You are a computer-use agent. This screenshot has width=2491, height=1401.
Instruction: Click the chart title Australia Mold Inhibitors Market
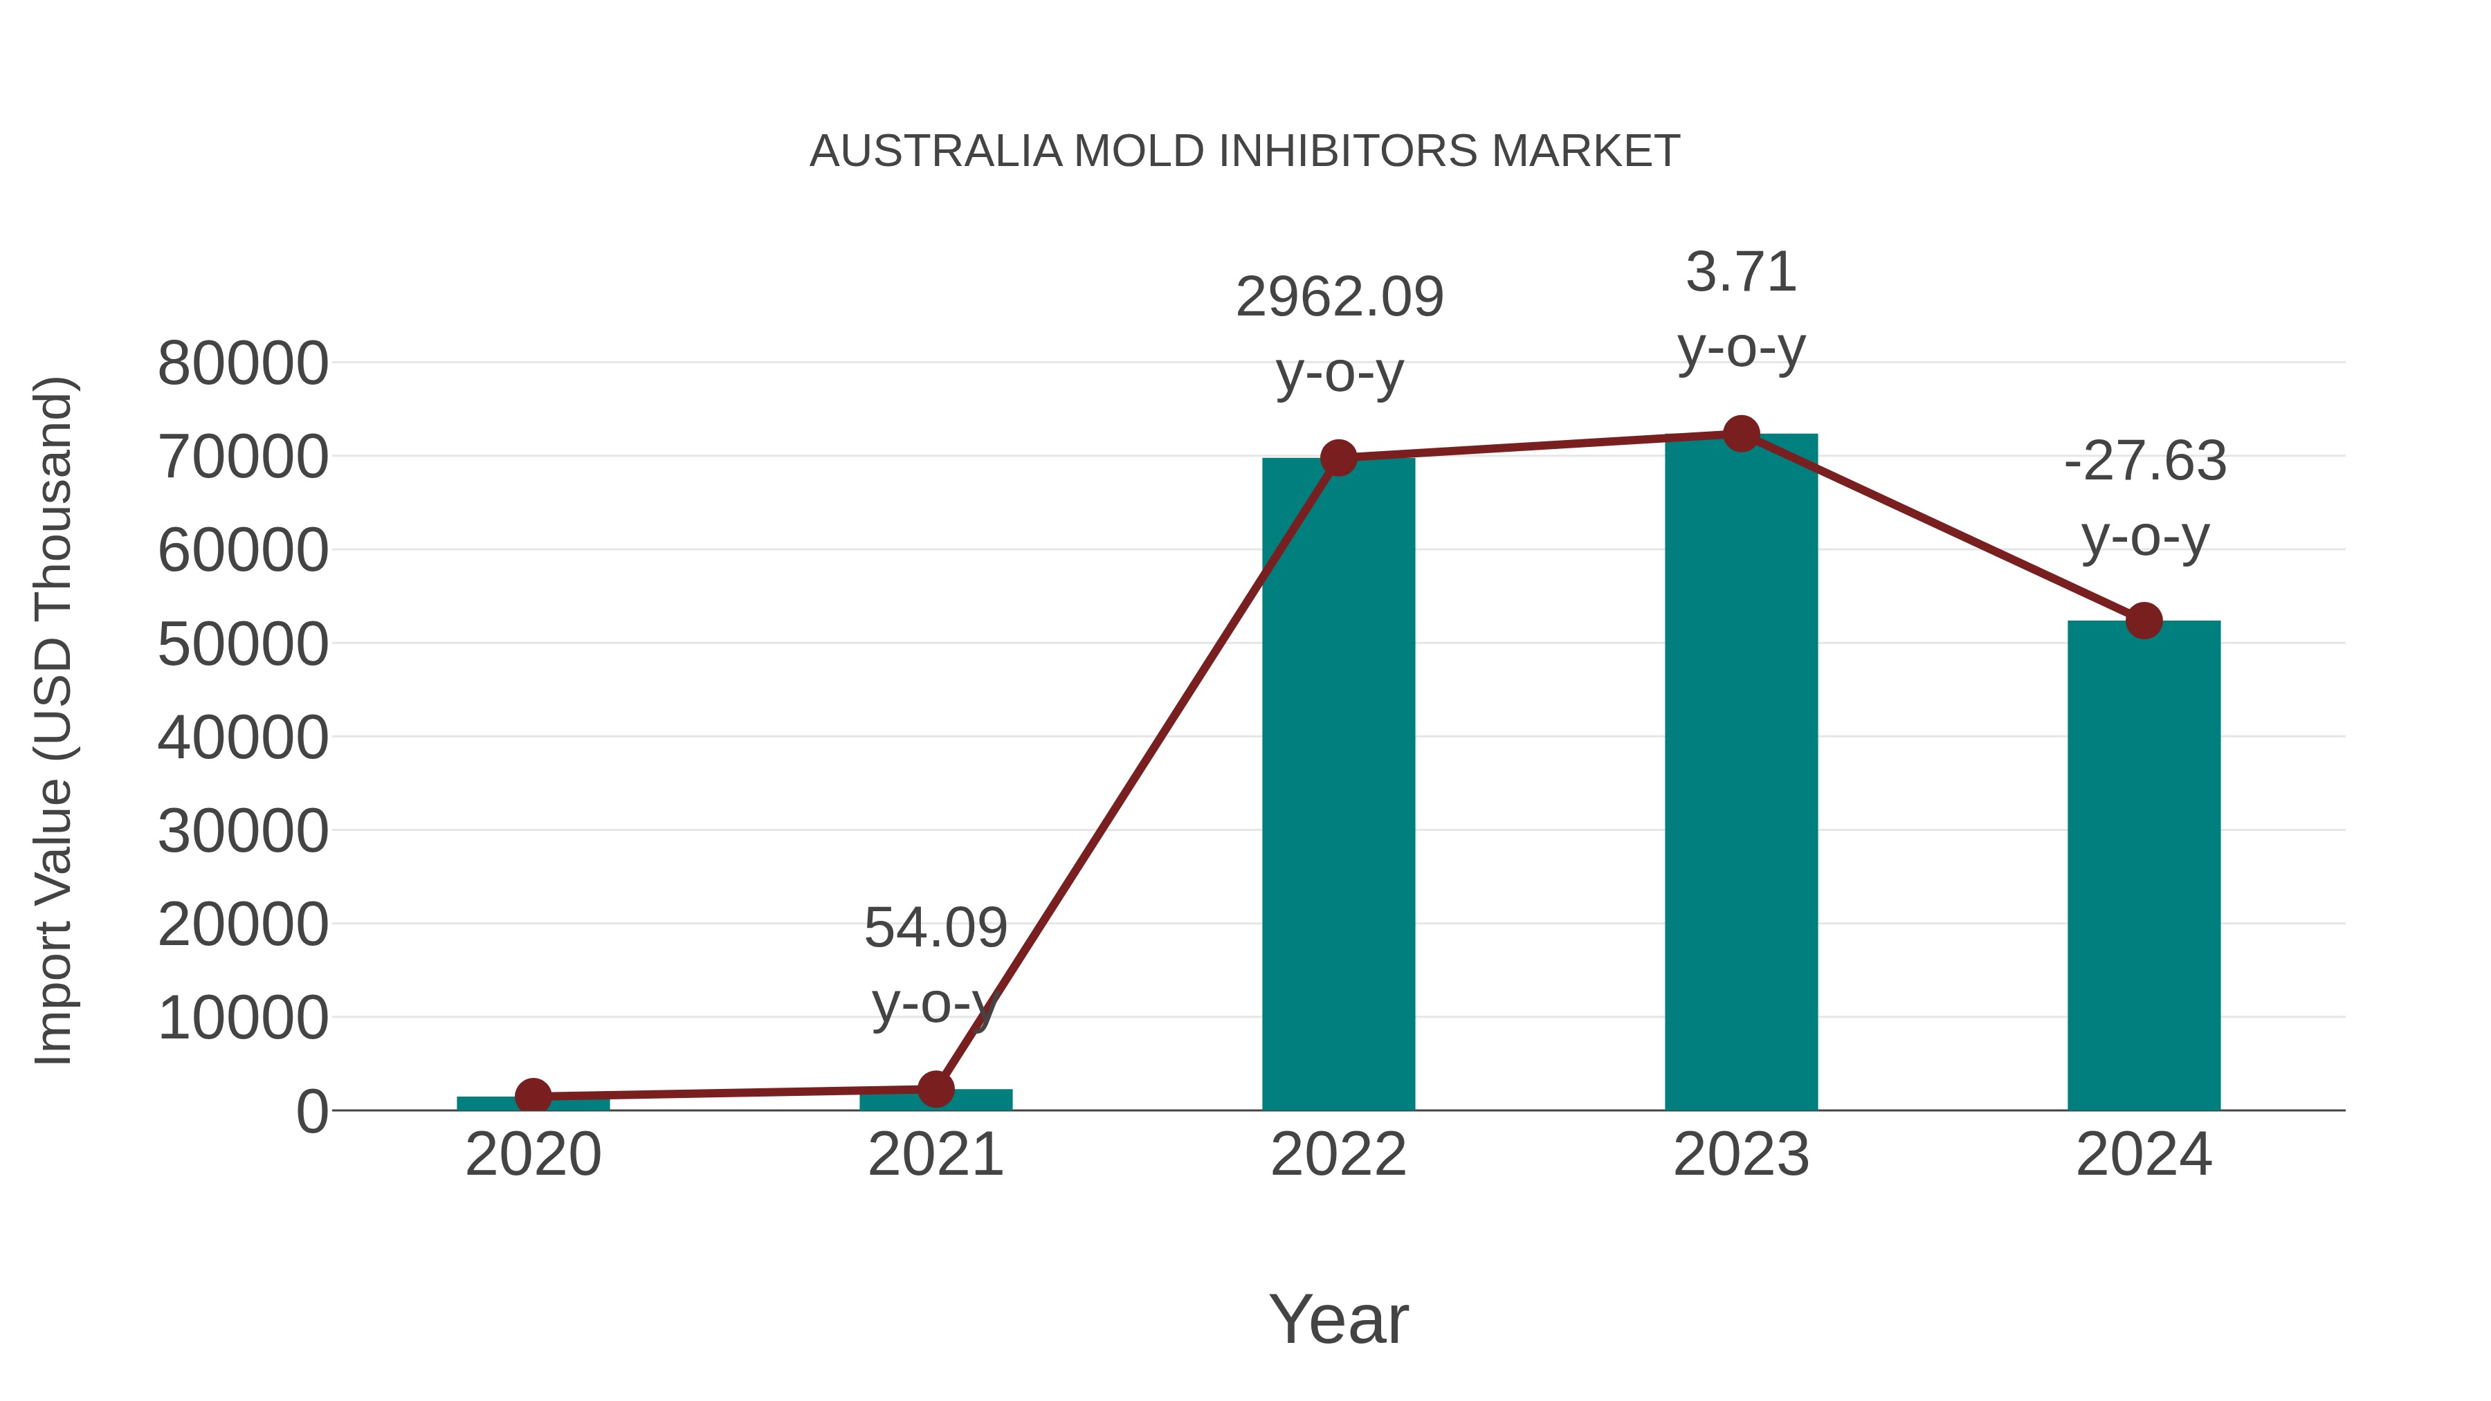[1245, 152]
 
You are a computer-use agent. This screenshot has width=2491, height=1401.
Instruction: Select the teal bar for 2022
[1338, 783]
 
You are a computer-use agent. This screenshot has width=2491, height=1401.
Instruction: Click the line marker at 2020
[533, 1097]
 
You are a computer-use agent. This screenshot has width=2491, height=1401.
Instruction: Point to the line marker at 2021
[935, 1089]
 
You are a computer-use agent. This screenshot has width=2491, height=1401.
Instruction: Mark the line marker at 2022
[1338, 457]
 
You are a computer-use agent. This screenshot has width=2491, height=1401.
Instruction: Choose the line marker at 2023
[1741, 434]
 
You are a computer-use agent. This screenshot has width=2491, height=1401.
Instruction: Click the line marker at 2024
[2144, 621]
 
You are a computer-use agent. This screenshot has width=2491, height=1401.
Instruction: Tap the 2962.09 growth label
[1340, 297]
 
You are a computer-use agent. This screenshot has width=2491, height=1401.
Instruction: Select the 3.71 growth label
[1741, 273]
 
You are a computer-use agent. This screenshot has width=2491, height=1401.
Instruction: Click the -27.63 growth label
[2145, 461]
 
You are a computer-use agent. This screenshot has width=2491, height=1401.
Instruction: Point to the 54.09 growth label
[935, 928]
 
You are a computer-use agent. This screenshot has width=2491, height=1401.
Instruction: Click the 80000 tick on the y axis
[243, 365]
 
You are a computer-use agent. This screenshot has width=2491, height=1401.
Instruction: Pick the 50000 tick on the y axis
[243, 645]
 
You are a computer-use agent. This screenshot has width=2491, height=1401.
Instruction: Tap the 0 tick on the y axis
[311, 1112]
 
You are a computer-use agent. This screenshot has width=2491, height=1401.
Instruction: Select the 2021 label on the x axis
[935, 1155]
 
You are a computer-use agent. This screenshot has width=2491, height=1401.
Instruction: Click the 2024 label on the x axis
[2144, 1155]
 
